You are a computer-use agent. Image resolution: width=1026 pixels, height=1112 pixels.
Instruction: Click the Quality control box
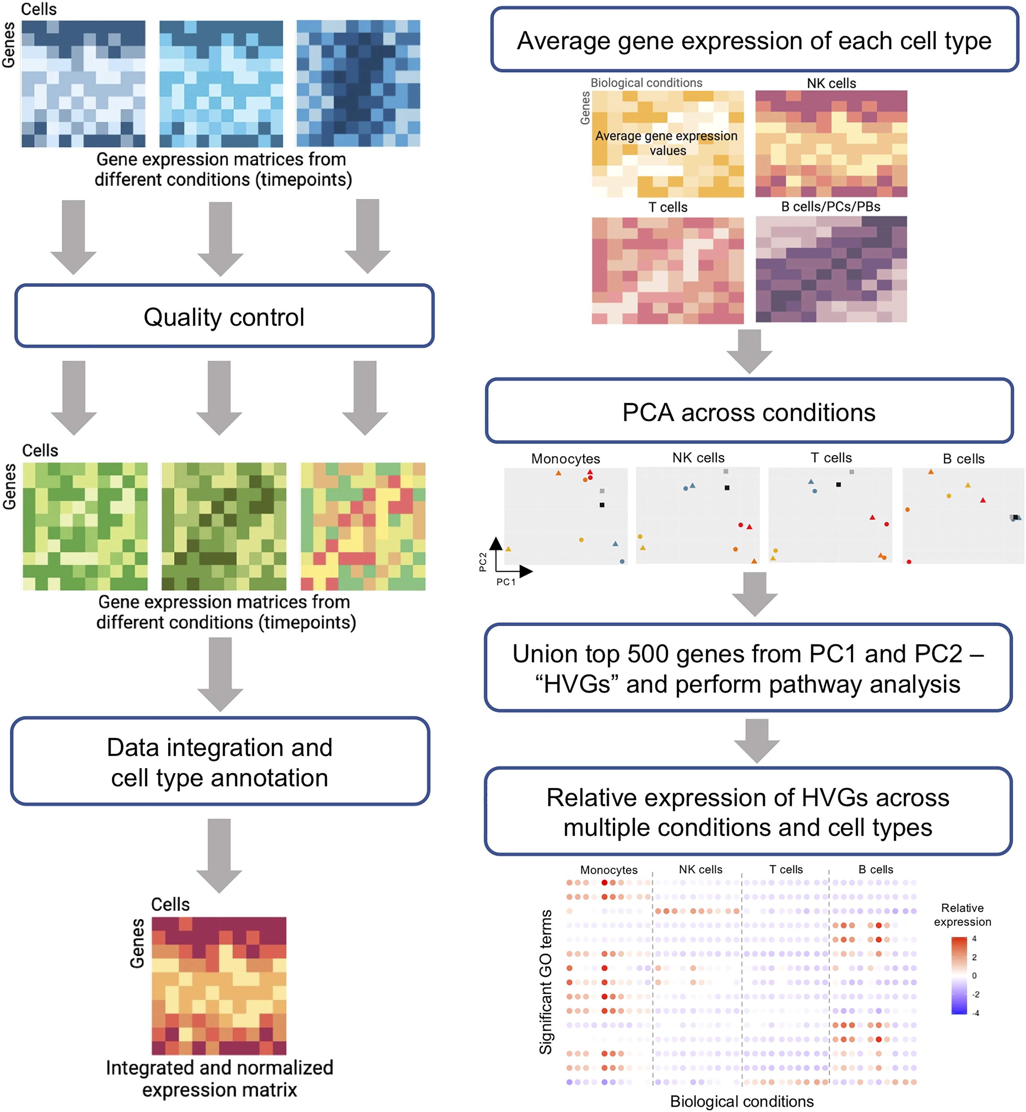tap(224, 316)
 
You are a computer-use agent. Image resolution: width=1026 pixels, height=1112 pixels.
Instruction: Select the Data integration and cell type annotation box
tap(220, 761)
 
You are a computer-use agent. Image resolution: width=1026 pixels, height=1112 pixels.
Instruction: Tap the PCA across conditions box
tap(749, 412)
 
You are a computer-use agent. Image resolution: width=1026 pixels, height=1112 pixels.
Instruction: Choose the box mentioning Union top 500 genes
tap(748, 668)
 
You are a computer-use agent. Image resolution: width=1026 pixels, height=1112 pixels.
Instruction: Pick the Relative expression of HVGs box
tap(748, 812)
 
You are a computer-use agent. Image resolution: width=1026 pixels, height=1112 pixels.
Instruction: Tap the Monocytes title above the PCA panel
tap(565, 459)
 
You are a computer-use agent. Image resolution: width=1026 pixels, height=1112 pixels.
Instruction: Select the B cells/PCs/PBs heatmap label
tap(830, 207)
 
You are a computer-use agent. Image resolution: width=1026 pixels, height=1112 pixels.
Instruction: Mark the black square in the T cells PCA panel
tap(838, 485)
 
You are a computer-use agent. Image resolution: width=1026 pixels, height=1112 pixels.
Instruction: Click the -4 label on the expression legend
tap(976, 1013)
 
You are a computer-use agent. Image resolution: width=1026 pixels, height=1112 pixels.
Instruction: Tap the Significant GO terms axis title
tap(546, 982)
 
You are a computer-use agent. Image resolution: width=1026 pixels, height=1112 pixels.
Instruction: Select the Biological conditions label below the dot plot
tap(742, 1101)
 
